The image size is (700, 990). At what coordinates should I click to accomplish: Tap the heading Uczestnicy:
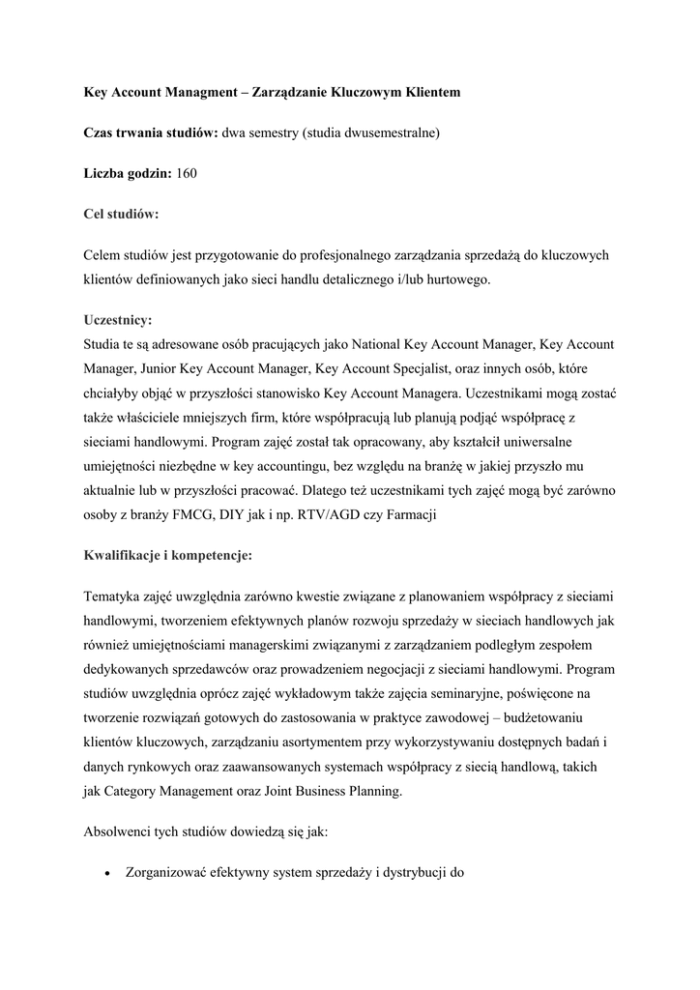(x=118, y=318)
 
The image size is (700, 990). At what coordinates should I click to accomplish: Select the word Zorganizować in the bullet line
(x=170, y=871)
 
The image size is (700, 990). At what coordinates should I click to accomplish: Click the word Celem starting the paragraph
(x=103, y=254)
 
